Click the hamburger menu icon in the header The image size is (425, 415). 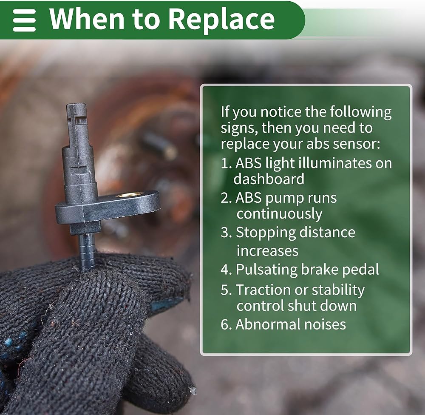(24, 20)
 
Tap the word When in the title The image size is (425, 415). (87, 18)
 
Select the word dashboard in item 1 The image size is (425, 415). (269, 179)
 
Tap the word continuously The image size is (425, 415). (280, 214)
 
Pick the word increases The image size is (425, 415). (267, 250)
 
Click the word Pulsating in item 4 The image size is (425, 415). (266, 270)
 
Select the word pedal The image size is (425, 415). (360, 270)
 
